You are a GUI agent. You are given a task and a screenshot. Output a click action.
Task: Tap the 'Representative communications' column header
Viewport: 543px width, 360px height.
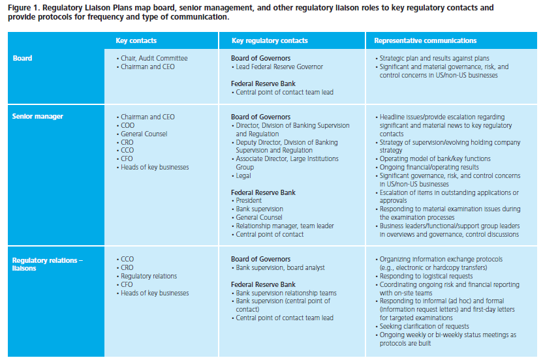[425, 40]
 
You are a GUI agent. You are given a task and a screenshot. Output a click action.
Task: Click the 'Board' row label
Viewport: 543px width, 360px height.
[22, 59]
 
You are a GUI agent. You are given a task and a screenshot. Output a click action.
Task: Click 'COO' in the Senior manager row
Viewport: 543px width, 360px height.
[128, 126]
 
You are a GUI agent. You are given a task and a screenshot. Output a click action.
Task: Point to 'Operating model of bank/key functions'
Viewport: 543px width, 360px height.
[435, 159]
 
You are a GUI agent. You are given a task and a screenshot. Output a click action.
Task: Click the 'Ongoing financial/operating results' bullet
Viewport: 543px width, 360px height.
[429, 168]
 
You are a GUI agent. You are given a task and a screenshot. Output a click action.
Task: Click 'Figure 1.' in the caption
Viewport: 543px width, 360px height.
[24, 7]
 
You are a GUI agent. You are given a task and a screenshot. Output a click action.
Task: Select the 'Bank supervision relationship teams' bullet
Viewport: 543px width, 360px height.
[288, 293]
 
